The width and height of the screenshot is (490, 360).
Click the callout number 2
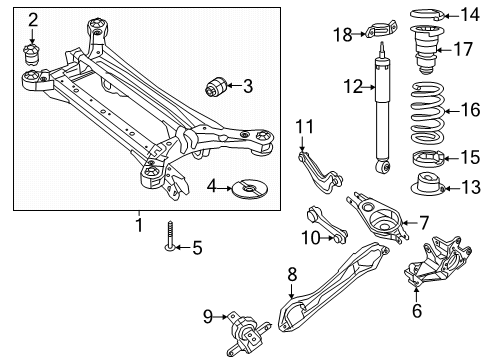33,19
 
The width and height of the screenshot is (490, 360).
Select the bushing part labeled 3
216,85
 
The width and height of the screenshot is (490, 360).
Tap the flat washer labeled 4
245,187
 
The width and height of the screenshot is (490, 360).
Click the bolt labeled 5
171,236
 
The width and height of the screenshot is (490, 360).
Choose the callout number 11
303,125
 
